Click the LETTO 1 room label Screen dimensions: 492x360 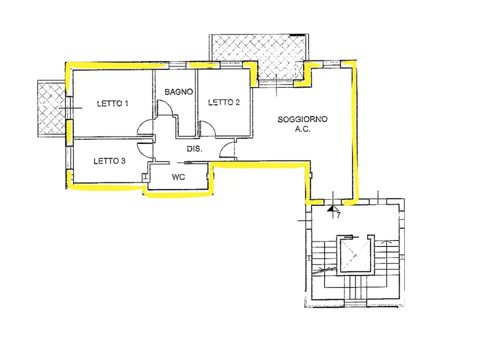coord(113,103)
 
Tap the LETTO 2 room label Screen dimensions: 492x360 coord(224,102)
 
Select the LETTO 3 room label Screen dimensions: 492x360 coord(109,161)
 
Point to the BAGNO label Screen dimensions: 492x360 coord(179,91)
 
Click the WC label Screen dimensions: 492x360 coord(178,177)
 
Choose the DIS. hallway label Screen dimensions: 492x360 coord(194,149)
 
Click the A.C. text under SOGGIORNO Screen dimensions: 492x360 coord(303,129)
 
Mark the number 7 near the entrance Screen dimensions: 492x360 coord(339,215)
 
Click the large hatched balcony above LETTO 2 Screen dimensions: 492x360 coord(257,57)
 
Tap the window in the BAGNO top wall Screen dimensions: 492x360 coord(178,65)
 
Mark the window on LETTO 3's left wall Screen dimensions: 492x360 coord(69,158)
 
